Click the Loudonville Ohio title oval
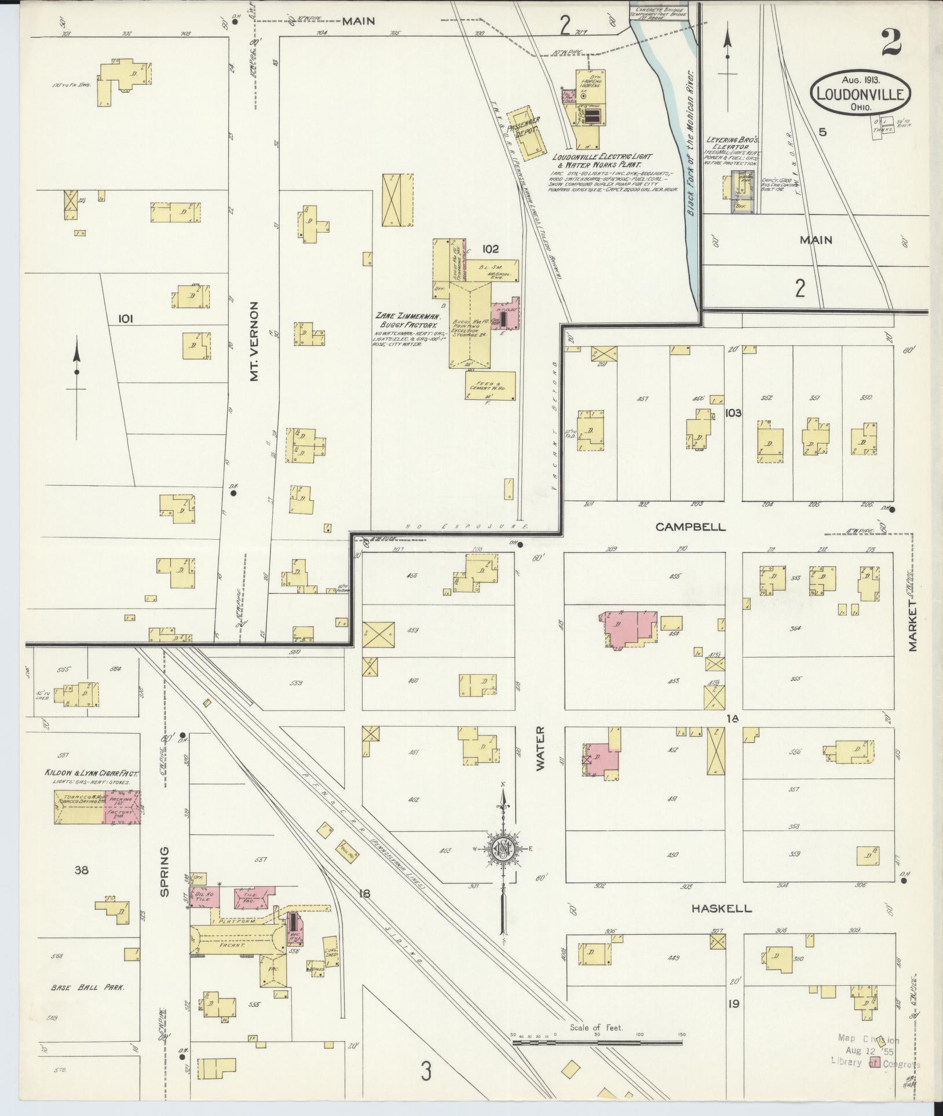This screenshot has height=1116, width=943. pyautogui.click(x=860, y=94)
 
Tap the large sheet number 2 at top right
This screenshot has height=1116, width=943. pyautogui.click(x=893, y=44)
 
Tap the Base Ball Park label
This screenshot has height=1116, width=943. pyautogui.click(x=87, y=987)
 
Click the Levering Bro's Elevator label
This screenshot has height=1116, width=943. pyautogui.click(x=731, y=144)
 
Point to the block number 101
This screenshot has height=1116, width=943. pyautogui.click(x=126, y=319)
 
